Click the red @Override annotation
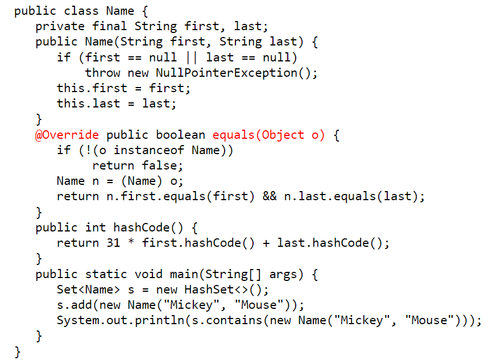pyautogui.click(x=67, y=135)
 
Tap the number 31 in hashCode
pyautogui.click(x=113, y=243)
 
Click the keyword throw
pyautogui.click(x=102, y=73)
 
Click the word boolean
pyautogui.click(x=180, y=135)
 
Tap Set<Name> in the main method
pyautogui.click(x=85, y=289)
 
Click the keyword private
pyautogui.click(x=60, y=26)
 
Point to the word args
pyautogui.click(x=283, y=274)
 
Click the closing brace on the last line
pyautogui.click(x=18, y=351)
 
